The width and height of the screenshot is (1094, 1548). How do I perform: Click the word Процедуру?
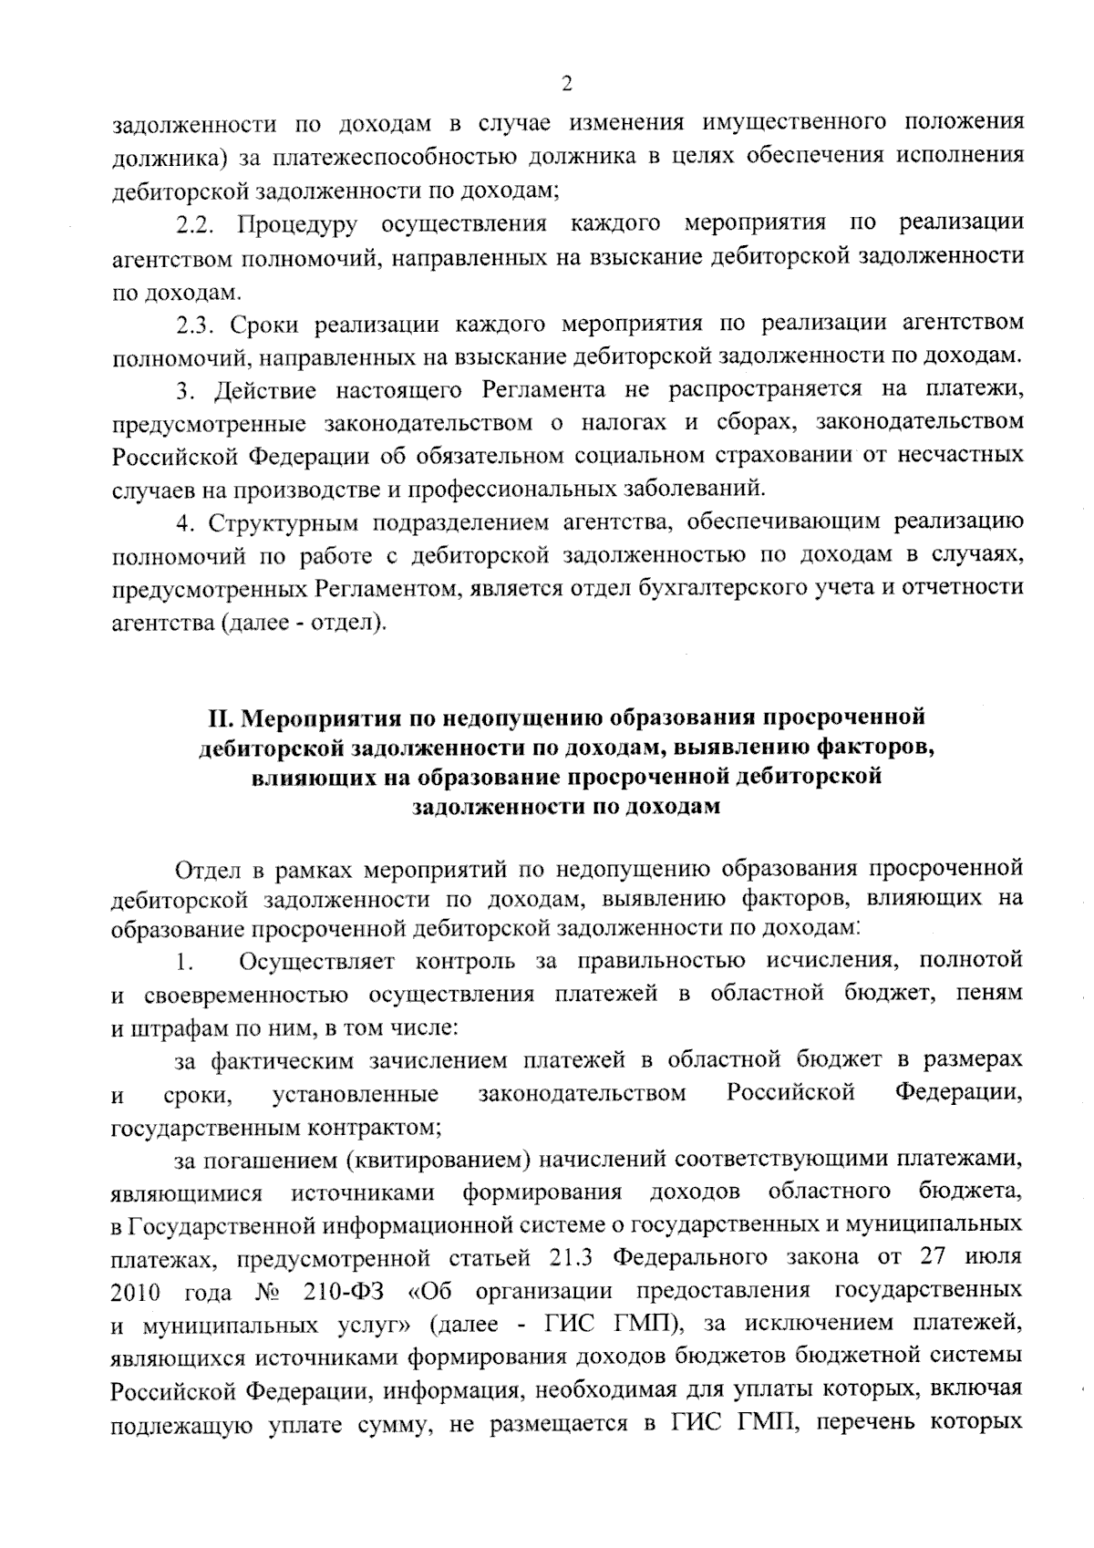click(x=296, y=224)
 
